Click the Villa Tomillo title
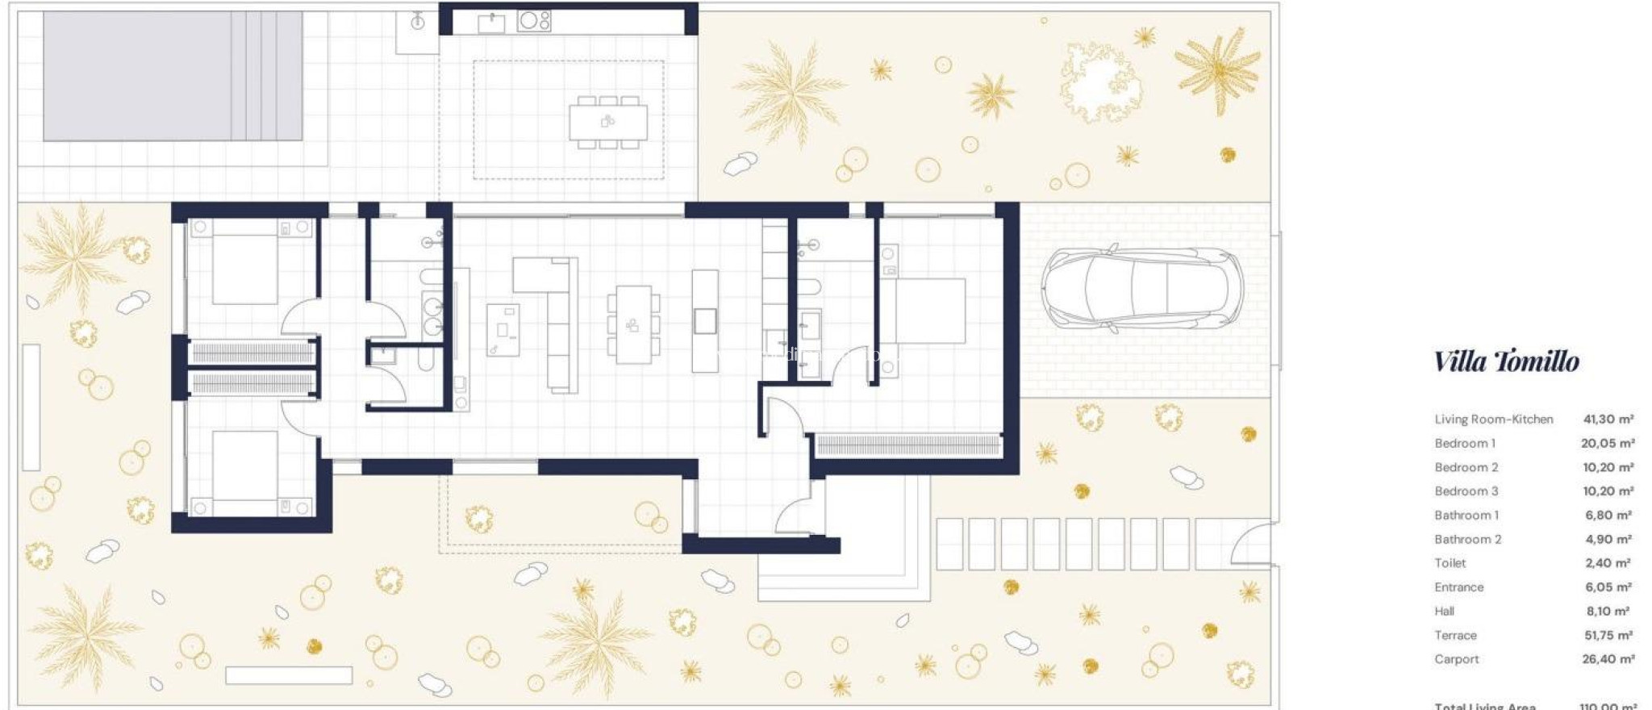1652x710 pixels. tap(1506, 361)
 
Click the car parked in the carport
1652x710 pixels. tap(1141, 288)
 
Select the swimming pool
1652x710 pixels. tap(173, 76)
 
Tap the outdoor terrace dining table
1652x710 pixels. tap(607, 123)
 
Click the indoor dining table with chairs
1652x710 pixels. tap(633, 324)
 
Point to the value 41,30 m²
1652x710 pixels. tap(1608, 420)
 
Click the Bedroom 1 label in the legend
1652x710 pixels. tap(1464, 444)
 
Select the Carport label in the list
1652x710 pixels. tap(1456, 659)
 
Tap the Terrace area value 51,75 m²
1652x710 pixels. tap(1608, 636)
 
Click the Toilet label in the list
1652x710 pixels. tap(1450, 563)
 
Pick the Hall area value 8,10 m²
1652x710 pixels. tap(1607, 612)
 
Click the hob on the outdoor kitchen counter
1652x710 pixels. tap(534, 20)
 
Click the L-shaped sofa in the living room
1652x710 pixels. tap(557, 323)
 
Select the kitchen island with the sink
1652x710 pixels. tap(705, 320)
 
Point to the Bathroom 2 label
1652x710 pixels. tap(1467, 540)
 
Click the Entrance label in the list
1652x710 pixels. tap(1458, 587)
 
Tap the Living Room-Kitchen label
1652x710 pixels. tap(1493, 420)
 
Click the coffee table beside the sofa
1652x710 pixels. tap(503, 329)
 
